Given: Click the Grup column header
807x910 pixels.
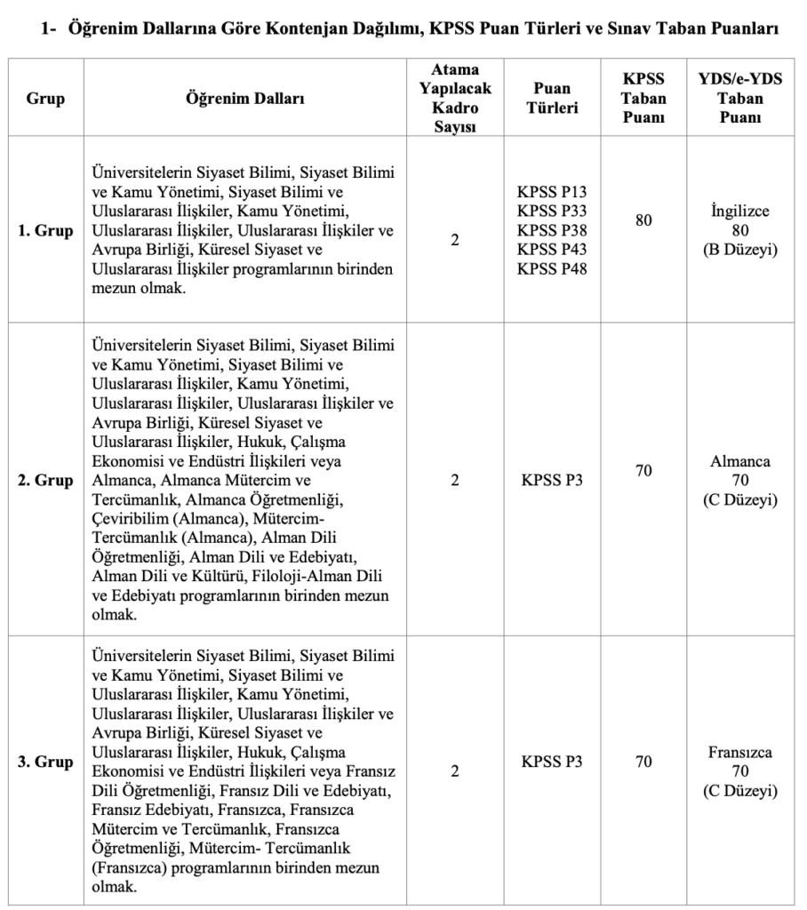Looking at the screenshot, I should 45,99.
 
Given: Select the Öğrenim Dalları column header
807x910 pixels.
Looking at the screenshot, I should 244,99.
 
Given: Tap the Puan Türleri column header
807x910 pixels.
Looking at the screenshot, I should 552,99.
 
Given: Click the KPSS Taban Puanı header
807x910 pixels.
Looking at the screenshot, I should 643,99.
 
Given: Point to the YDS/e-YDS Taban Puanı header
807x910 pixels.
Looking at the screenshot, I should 740,99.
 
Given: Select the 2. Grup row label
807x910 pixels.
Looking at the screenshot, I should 45,481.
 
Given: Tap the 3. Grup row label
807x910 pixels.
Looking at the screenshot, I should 45,762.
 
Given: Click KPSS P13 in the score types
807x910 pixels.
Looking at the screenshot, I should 552,190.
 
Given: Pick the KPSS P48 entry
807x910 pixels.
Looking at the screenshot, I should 552,268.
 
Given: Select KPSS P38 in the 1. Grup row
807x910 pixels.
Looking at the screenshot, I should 552,229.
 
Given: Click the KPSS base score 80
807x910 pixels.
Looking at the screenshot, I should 643,220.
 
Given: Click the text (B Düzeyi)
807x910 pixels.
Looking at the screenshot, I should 740,251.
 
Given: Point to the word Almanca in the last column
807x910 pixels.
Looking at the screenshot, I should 740,462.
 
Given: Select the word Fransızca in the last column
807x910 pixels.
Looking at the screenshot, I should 740,752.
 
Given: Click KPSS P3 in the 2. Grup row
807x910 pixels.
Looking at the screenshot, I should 552,481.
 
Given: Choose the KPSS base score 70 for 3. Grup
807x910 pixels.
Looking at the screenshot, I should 643,762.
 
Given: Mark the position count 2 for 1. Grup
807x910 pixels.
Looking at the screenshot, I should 454,239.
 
